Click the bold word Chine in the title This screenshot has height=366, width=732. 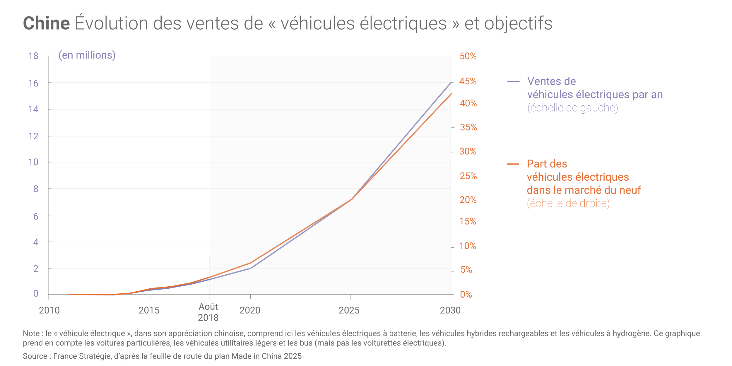[46, 23]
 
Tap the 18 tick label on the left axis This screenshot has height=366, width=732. [33, 56]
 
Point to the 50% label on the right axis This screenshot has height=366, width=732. [468, 56]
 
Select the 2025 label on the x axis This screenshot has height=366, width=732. [349, 310]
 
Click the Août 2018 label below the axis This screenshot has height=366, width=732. [208, 312]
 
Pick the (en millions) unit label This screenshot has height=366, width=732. [87, 55]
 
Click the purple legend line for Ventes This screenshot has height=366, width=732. [513, 82]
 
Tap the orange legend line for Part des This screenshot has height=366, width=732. [513, 164]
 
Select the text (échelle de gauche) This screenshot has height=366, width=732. [572, 108]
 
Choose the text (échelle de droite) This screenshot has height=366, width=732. [568, 203]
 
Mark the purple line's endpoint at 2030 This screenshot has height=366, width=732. [451, 83]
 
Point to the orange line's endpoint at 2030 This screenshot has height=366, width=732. [451, 94]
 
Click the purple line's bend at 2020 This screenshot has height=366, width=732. [251, 268]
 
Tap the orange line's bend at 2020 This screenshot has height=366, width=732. [251, 263]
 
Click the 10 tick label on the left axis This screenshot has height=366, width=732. [33, 162]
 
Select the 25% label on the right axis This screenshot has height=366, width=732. [468, 176]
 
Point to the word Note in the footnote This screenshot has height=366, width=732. [31, 333]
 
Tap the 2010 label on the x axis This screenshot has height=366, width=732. [49, 310]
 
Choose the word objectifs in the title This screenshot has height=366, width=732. [518, 23]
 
